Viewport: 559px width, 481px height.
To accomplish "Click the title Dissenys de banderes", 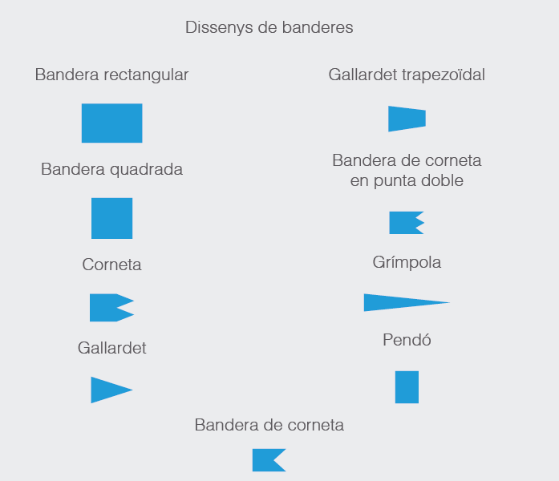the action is pos(269,28).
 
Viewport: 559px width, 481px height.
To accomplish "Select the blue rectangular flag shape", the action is pos(112,123).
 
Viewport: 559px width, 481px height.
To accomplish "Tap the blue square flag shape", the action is pos(112,218).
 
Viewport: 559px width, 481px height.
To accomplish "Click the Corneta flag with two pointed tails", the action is pos(107,308).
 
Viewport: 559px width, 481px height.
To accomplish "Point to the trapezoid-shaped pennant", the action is pos(407,119).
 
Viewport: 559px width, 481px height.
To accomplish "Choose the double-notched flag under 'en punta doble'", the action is pos(405,223).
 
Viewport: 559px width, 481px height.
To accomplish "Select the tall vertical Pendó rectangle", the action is pos(407,387).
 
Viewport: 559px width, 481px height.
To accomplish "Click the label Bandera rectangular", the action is pos(112,75).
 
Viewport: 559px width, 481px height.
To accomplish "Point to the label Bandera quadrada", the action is pos(112,169).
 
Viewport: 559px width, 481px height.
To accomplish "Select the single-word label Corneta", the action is pos(112,265).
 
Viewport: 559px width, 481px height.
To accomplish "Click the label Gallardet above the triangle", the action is pos(112,348).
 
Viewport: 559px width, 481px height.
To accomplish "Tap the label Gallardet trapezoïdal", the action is pos(407,75).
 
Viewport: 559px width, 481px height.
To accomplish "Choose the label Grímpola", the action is pos(407,263).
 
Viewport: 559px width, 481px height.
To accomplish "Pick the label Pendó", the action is pos(407,340).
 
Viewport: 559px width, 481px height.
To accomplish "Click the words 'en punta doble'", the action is pos(407,181).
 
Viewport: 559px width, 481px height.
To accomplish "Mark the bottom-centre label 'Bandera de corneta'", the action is pos(269,425).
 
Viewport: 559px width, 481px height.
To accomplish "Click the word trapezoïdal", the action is pos(444,75).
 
